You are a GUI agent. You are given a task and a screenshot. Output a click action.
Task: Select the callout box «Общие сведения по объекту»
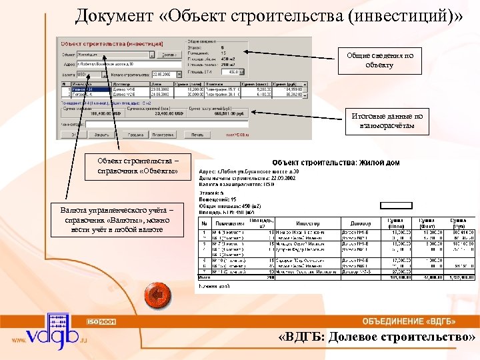379,60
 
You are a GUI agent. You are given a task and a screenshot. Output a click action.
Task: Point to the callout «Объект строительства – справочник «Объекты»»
137,165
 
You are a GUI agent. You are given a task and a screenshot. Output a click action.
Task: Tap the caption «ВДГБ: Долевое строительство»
377,337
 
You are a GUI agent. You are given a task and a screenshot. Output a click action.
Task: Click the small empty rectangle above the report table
396,205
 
